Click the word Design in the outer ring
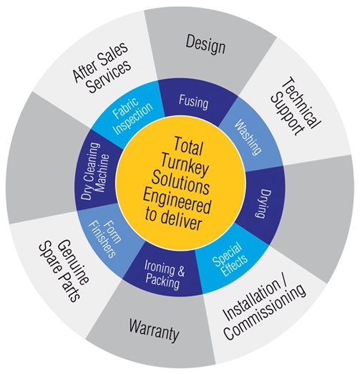pos(205,44)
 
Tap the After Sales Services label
pos(102,68)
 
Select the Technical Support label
pos(296,106)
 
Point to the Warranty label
pos(154,330)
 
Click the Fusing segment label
pos(193,102)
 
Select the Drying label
pos(262,203)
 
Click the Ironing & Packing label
pos(164,275)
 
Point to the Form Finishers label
pos(102,239)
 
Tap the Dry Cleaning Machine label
pos(95,171)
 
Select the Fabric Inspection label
pos(132,115)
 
